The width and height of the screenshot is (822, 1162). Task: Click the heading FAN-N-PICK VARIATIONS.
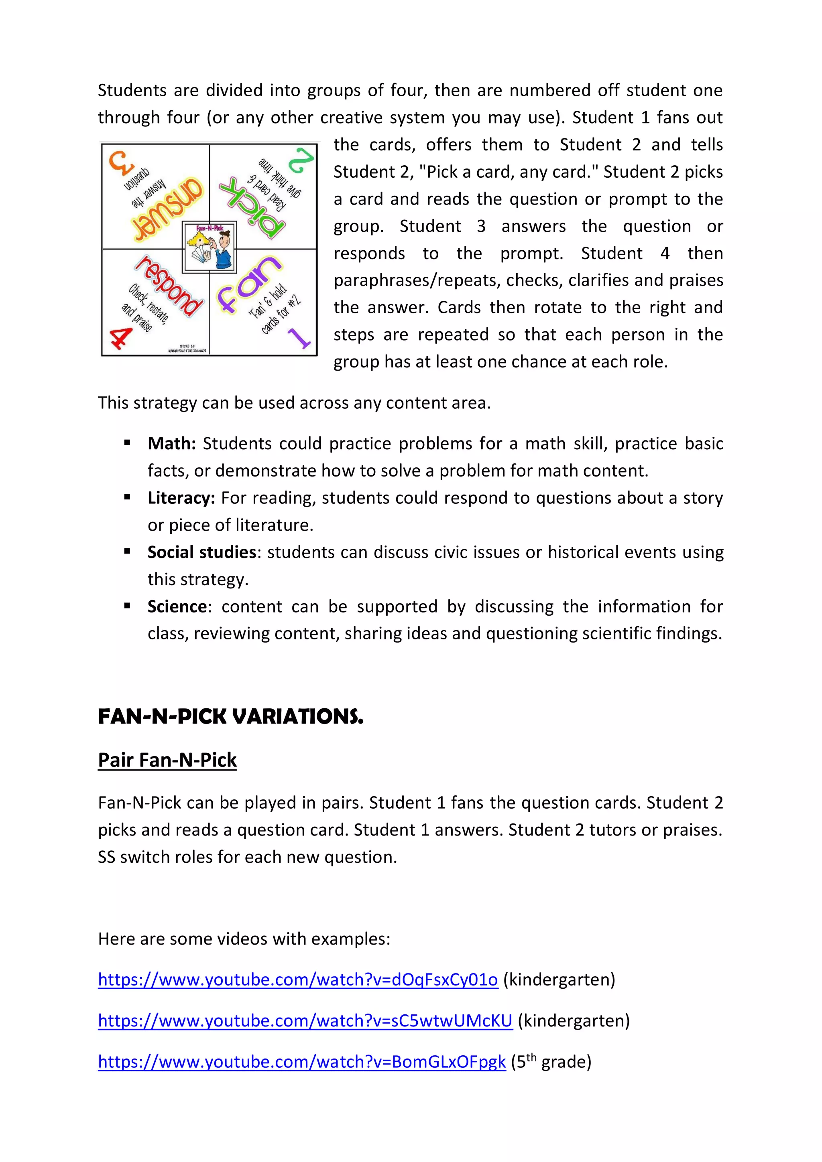pyautogui.click(x=230, y=717)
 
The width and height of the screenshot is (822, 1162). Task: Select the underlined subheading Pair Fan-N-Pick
pyautogui.click(x=167, y=760)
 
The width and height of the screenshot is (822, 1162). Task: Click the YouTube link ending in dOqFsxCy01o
pyautogui.click(x=298, y=979)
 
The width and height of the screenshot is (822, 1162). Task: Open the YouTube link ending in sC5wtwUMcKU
pyautogui.click(x=305, y=1020)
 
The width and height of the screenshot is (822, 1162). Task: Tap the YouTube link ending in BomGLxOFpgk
pyautogui.click(x=302, y=1061)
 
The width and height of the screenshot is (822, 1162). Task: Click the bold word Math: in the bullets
pyautogui.click(x=172, y=443)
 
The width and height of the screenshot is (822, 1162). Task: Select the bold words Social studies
pyautogui.click(x=201, y=552)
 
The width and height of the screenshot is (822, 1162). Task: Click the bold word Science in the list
pyautogui.click(x=177, y=606)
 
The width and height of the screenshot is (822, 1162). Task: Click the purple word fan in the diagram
pyautogui.click(x=248, y=285)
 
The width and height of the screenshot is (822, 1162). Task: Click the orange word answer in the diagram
pyautogui.click(x=167, y=208)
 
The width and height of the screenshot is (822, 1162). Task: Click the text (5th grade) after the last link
pyautogui.click(x=551, y=1061)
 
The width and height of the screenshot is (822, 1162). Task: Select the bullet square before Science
pyautogui.click(x=127, y=606)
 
